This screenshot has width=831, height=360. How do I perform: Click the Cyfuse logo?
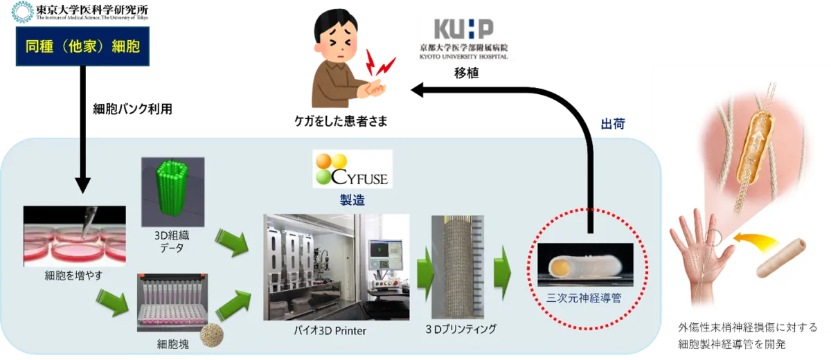(x=352, y=169)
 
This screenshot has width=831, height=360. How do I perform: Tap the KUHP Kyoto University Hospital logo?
(x=464, y=39)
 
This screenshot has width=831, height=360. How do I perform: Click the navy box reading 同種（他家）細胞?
(x=82, y=46)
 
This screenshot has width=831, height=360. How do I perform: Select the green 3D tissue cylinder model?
(x=172, y=191)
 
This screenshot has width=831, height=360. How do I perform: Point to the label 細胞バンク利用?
(x=132, y=109)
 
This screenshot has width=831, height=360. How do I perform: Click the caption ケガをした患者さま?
(x=341, y=121)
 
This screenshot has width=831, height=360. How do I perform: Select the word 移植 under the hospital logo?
(x=466, y=73)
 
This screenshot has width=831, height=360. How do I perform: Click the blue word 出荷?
(x=613, y=124)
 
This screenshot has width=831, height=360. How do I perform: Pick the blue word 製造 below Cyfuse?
(x=352, y=200)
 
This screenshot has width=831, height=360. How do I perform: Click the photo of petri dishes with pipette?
(x=75, y=236)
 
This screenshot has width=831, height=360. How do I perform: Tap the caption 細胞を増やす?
(x=73, y=276)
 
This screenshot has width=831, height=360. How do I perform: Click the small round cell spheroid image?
(x=212, y=335)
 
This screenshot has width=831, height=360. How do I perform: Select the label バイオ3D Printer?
(x=330, y=330)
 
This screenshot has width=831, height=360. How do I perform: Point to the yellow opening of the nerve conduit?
(x=559, y=267)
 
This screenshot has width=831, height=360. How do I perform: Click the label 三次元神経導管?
(x=584, y=298)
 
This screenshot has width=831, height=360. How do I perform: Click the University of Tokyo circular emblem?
(x=22, y=12)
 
